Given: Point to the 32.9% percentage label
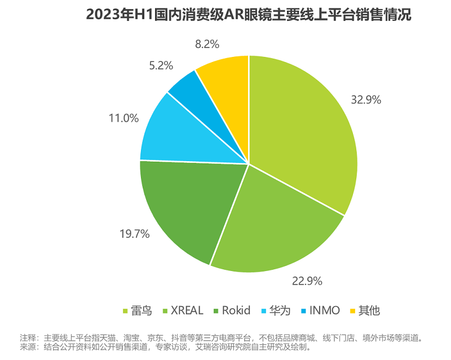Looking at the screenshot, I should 365,100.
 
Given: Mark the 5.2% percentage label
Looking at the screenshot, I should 161,65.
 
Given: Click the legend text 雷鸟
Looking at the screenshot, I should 141,310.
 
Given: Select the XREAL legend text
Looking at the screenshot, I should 187,310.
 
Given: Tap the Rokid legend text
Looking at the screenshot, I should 239,310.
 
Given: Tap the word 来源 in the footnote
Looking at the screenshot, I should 27,348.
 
